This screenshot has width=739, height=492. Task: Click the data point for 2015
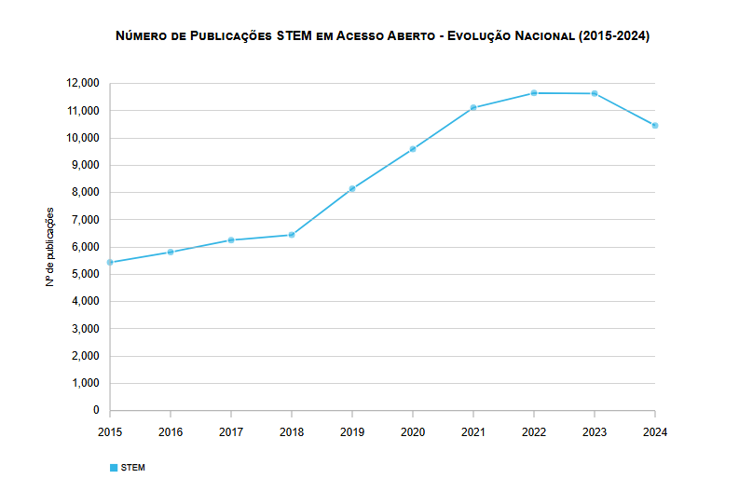(x=110, y=263)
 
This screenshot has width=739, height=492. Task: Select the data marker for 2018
(x=292, y=235)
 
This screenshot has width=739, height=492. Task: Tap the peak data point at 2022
(x=534, y=93)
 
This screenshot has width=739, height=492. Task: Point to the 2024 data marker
(x=655, y=125)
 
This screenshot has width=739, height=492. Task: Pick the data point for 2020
(x=413, y=149)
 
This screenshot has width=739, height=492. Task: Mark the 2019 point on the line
(x=352, y=189)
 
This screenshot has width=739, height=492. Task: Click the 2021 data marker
(x=473, y=108)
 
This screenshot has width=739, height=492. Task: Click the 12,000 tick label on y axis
(x=83, y=83)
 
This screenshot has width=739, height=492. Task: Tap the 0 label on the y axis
(x=95, y=410)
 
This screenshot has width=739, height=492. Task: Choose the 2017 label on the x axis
(x=231, y=431)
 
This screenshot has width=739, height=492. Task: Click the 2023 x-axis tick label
(x=595, y=431)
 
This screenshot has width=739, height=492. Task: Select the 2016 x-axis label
(x=171, y=431)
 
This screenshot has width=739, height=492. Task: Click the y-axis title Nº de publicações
(x=50, y=247)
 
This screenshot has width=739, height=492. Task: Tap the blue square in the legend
(x=114, y=467)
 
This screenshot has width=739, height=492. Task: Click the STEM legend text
(x=133, y=467)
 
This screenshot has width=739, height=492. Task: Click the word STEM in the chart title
(x=293, y=36)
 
